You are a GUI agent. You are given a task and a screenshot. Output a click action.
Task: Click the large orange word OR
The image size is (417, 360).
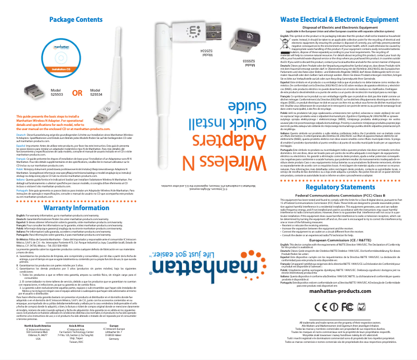point(77,94)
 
